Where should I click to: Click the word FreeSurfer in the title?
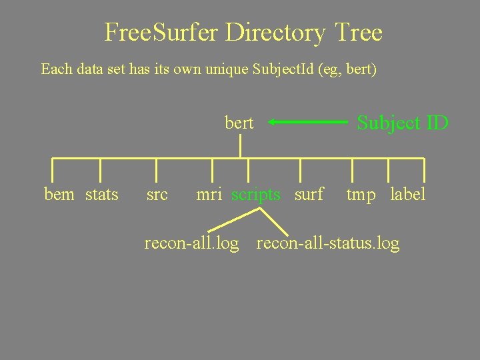tap(161, 32)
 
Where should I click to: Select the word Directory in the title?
tap(275, 32)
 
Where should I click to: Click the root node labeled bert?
tap(239, 123)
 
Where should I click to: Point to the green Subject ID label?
tap(403, 123)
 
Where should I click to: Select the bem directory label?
tap(59, 195)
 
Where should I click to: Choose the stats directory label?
tap(102, 195)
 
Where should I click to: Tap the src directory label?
tap(157, 195)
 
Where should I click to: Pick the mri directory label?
tap(209, 195)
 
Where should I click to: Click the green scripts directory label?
tap(256, 195)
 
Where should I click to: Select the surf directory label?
tap(309, 195)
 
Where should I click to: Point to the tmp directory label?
tap(361, 195)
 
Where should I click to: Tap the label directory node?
tap(407, 195)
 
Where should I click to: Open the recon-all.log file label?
tap(191, 243)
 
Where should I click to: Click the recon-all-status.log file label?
tap(328, 243)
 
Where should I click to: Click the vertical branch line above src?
tap(157, 170)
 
